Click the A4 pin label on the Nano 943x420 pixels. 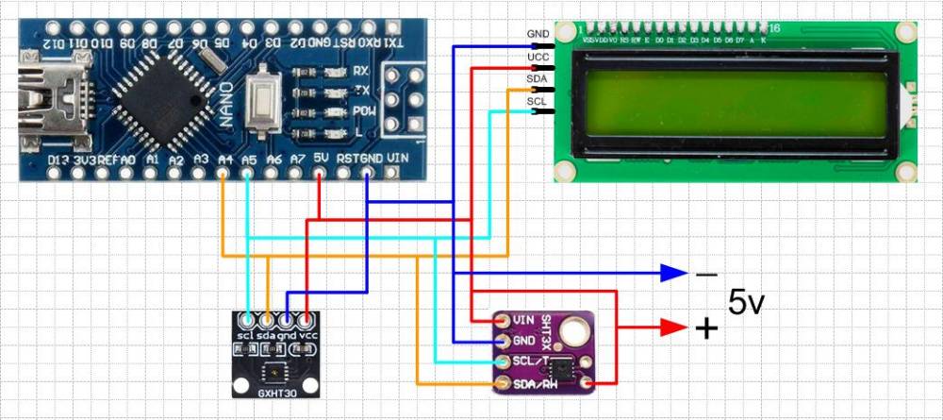click(x=224, y=160)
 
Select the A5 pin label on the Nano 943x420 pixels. click(x=248, y=160)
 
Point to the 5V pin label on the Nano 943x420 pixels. click(x=321, y=160)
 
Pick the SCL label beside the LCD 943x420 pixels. click(x=537, y=101)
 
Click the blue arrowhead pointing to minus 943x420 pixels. click(x=673, y=274)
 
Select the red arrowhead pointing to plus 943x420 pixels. click(x=673, y=328)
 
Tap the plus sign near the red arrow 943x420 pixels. click(x=706, y=328)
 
